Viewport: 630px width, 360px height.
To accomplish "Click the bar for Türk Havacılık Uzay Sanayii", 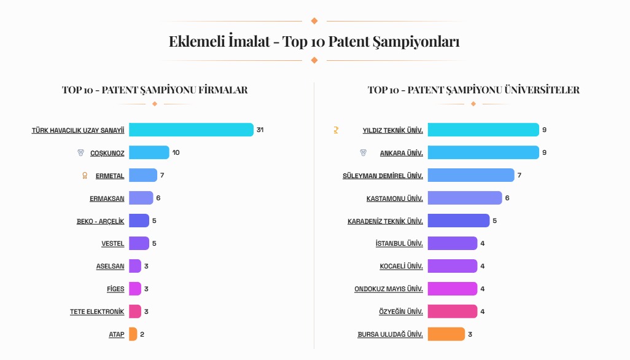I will pyautogui.click(x=191, y=130).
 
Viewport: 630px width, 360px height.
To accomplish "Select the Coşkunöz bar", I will pyautogui.click(x=149, y=152).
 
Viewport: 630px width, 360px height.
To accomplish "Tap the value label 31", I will pyautogui.click(x=260, y=130).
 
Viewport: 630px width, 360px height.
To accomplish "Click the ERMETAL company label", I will pyautogui.click(x=110, y=176).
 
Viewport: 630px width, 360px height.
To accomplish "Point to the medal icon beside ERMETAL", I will pyautogui.click(x=85, y=176).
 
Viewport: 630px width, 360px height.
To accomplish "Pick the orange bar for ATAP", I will pyautogui.click(x=133, y=334).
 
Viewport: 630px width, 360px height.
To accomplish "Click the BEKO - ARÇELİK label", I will pyautogui.click(x=100, y=221).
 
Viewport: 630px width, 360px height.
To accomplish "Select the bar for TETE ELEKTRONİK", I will pyautogui.click(x=135, y=311).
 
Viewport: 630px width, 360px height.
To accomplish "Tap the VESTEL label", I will pyautogui.click(x=113, y=244).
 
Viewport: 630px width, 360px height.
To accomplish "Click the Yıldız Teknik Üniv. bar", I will pyautogui.click(x=483, y=130).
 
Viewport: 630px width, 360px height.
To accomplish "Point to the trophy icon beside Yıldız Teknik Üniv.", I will pyautogui.click(x=336, y=130).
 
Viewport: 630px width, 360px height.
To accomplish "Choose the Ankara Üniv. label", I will pyautogui.click(x=402, y=153).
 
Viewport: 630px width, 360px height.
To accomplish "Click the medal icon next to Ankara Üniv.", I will pyautogui.click(x=363, y=152).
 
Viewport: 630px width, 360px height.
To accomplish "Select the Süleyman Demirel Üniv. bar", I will pyautogui.click(x=471, y=175).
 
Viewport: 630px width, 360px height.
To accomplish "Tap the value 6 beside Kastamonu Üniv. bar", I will pyautogui.click(x=507, y=198).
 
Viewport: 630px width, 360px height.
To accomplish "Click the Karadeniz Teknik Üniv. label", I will pyautogui.click(x=385, y=221).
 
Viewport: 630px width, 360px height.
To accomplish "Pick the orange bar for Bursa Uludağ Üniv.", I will pyautogui.click(x=446, y=334).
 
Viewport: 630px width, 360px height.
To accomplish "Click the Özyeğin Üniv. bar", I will pyautogui.click(x=453, y=311).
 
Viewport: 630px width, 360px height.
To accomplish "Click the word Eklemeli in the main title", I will pyautogui.click(x=195, y=42).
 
